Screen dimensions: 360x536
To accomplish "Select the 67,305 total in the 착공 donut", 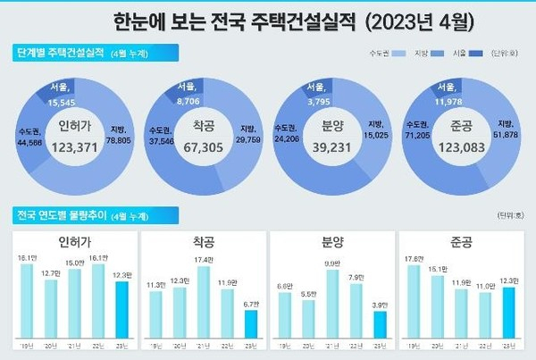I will [x=206, y=142].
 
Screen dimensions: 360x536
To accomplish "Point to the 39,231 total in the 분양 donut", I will [x=332, y=142].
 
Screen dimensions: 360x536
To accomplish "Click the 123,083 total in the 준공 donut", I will [x=461, y=142].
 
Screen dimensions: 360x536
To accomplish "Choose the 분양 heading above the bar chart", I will [x=333, y=241].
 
